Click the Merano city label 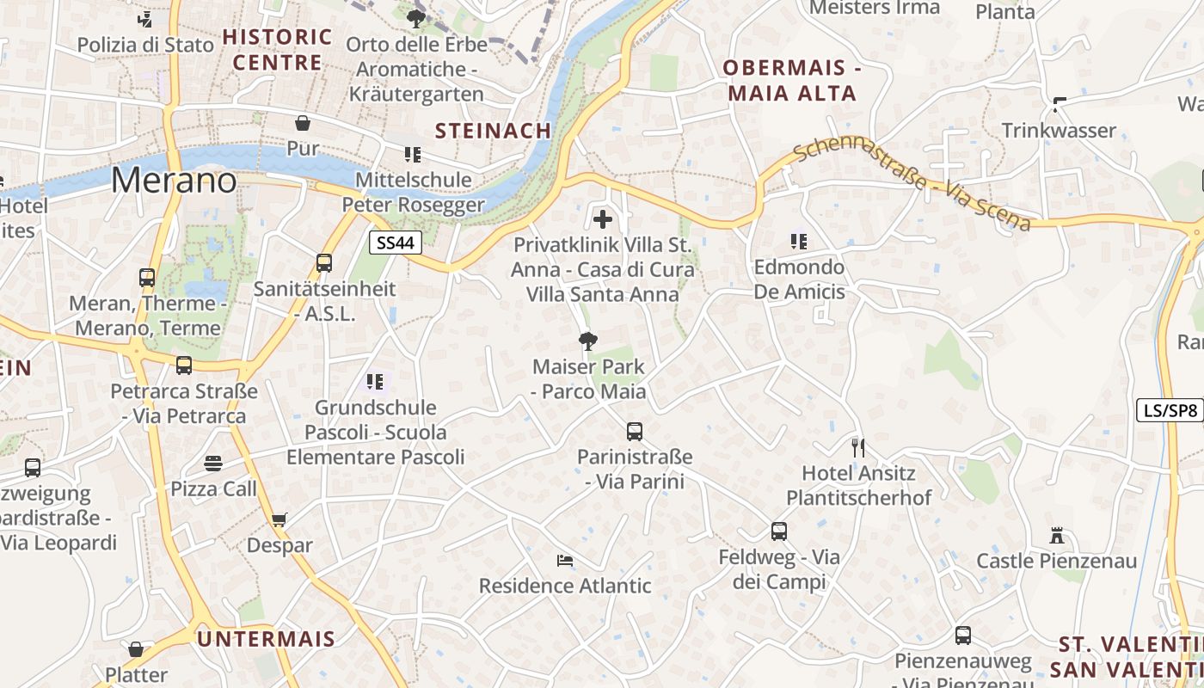173,180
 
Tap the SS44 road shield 396,243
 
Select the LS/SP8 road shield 1169,410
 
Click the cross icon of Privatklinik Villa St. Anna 603,219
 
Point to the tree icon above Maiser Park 587,341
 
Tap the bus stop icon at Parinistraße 635,432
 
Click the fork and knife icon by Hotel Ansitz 857,447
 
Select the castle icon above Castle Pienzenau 1057,536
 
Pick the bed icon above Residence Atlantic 564,561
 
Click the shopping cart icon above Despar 279,519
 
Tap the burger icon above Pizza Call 213,464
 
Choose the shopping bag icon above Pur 303,123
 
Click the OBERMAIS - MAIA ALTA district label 792,81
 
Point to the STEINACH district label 493,131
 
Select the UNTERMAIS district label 266,639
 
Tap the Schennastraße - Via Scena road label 911,185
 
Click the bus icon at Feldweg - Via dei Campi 779,531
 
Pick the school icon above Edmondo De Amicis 799,242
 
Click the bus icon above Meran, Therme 147,278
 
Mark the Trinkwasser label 1059,131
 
